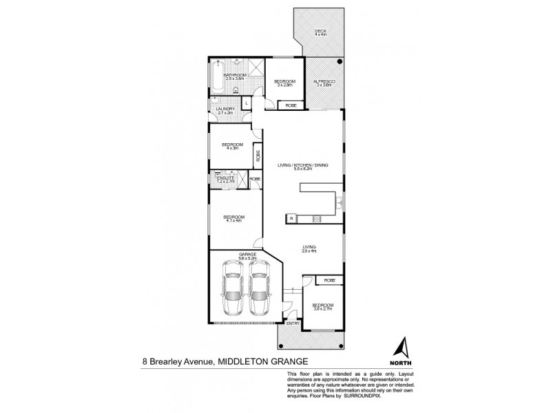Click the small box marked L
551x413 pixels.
point(247,104)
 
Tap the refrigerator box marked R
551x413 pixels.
point(291,220)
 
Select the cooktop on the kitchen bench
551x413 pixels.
point(318,219)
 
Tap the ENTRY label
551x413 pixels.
point(293,323)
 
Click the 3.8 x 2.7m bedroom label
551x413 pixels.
point(323,307)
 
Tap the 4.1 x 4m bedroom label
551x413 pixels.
point(233,219)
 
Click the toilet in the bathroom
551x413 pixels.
point(236,90)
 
